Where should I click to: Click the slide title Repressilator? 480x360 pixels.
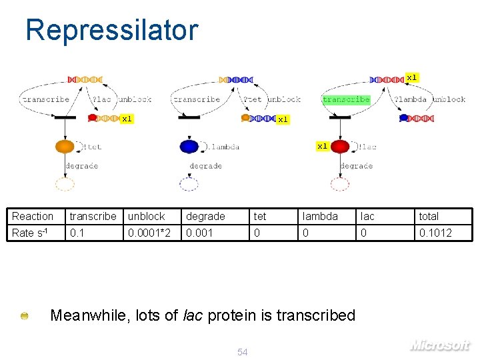111,31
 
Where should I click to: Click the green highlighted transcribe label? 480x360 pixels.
346,99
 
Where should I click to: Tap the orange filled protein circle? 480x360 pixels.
65,147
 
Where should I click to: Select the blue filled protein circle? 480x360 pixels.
189,147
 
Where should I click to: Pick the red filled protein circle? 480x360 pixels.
340,147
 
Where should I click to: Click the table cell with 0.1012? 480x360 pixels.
435,233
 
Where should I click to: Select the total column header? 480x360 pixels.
429,216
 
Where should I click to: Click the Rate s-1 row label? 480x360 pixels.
32,233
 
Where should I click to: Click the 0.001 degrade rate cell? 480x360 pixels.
200,233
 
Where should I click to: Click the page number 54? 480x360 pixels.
243,352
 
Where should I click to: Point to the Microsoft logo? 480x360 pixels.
440,345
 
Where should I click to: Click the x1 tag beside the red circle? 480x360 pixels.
322,145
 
